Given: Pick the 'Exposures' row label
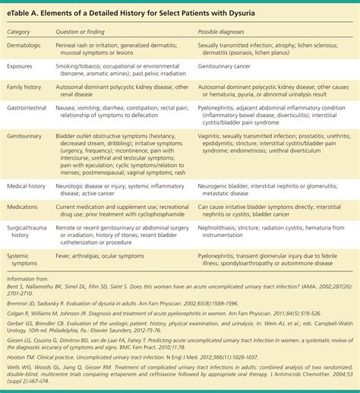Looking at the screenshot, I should click(x=24, y=68).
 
